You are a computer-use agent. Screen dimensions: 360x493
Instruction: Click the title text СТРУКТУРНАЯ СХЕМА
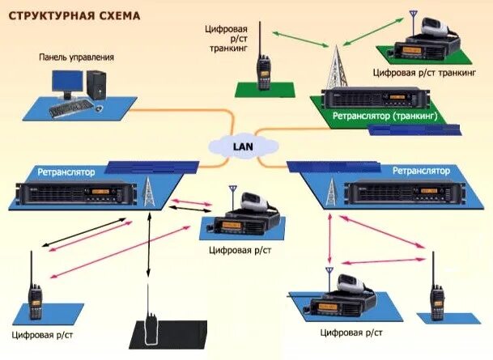[73, 16]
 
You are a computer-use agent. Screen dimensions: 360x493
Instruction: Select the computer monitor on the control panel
[67, 83]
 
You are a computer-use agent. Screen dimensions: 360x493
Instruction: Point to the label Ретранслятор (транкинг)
[385, 116]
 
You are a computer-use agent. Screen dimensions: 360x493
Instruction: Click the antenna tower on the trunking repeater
[334, 68]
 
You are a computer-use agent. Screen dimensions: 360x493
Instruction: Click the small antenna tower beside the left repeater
[148, 193]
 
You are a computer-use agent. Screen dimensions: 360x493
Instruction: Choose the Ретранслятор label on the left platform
[66, 172]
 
